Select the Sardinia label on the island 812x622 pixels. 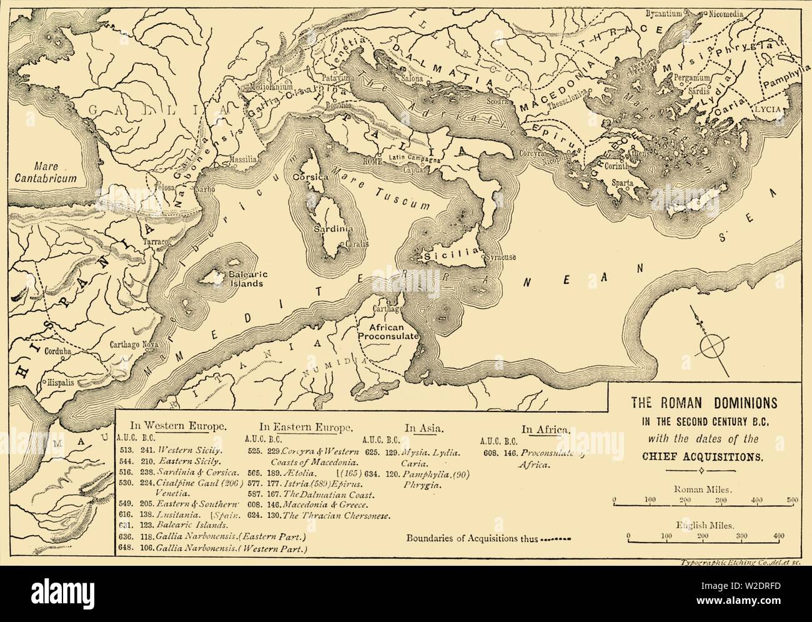coord(334,229)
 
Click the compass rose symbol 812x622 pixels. coord(710,343)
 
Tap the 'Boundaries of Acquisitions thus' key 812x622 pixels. coord(472,538)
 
